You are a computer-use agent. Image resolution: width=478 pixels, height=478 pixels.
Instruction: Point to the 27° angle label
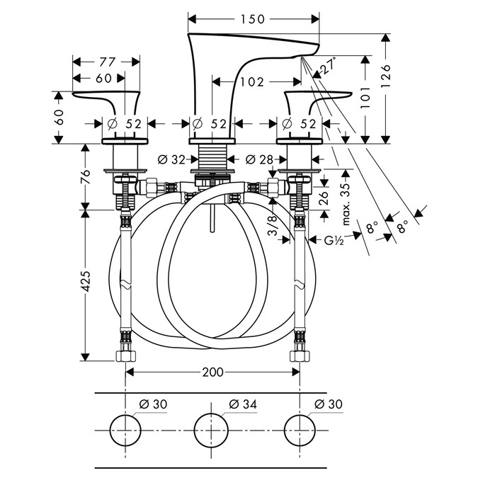(328, 67)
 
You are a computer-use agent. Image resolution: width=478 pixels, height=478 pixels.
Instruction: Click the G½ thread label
(333, 241)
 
